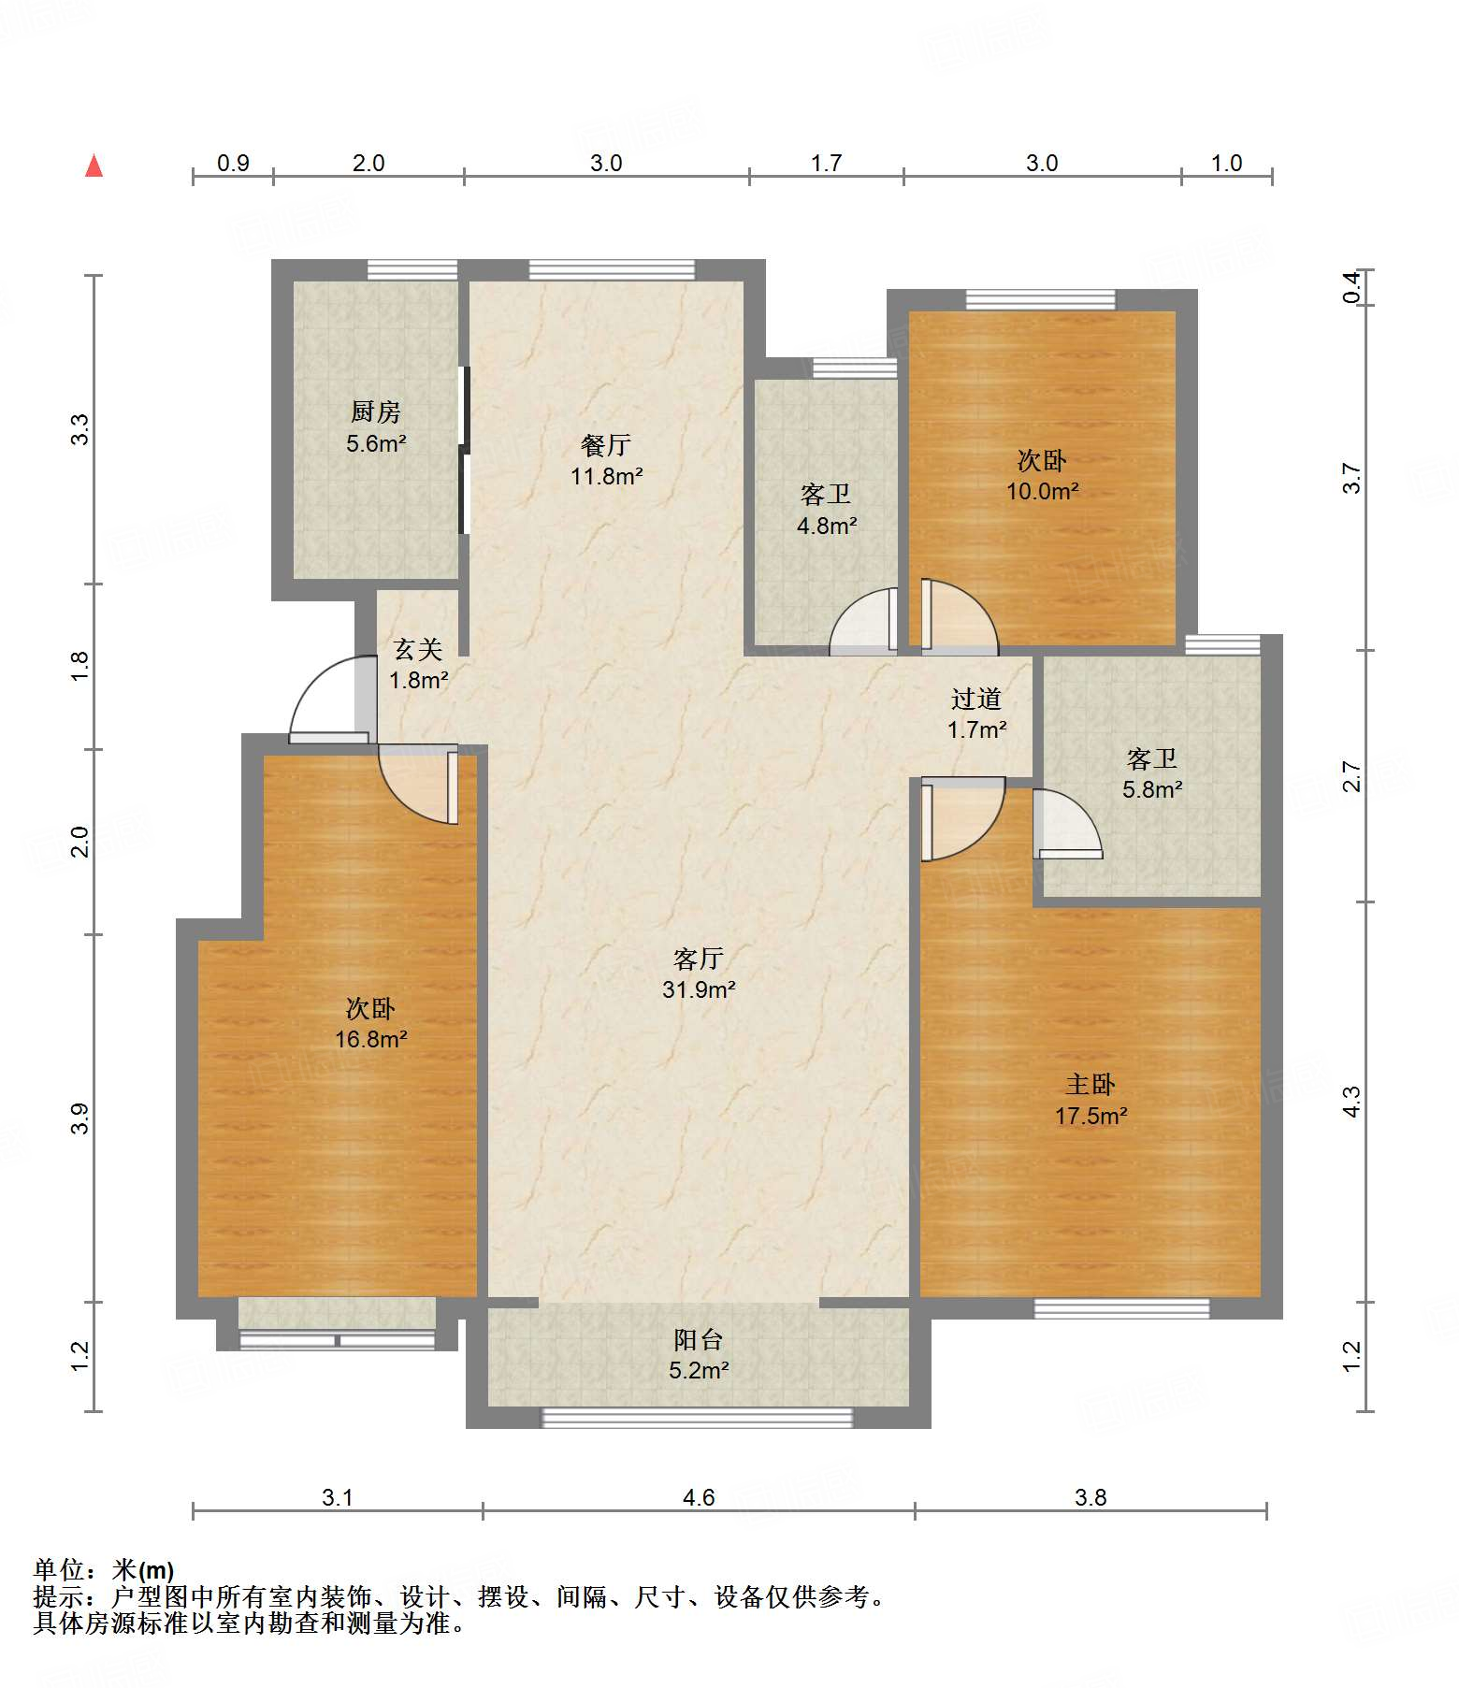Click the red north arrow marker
pos(94,166)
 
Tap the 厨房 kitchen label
pos(376,426)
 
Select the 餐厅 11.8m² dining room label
pos(606,460)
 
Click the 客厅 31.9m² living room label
pos(699,974)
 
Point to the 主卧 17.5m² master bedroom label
pos(1091,1100)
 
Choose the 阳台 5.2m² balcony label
pos(699,1355)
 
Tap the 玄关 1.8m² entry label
pos(418,664)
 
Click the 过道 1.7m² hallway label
pos(976,714)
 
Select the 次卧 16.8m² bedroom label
pos(370,1023)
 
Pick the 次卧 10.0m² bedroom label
pos(1042,475)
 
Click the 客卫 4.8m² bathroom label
pos(826,510)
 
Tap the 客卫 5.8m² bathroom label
pos(1152,773)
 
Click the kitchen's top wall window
pos(412,269)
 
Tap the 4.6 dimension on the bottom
pos(699,1497)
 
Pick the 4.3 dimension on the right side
pos(1351,1101)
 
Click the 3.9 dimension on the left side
pos(81,1118)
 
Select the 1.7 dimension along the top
pos(826,164)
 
